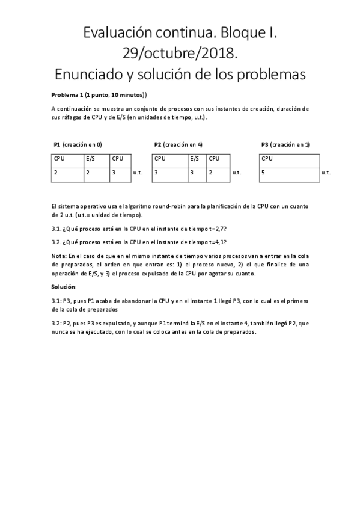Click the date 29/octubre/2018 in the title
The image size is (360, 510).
point(180,54)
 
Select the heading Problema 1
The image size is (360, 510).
point(67,95)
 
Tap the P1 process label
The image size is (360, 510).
point(57,144)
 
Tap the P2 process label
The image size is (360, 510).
point(157,144)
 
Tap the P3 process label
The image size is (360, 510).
point(264,144)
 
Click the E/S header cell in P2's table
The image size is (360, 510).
point(195,159)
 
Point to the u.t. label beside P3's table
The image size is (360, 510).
point(326,173)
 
